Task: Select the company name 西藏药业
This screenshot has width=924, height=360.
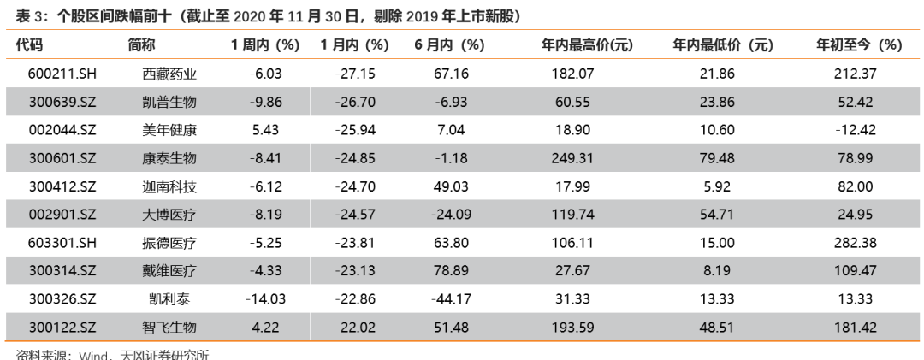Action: click(x=169, y=74)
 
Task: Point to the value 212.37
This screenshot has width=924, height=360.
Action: click(x=855, y=74)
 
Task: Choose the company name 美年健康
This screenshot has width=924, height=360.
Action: click(x=169, y=131)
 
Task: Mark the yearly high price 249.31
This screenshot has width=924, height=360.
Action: click(x=573, y=159)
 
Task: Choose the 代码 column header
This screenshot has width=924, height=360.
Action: click(x=30, y=46)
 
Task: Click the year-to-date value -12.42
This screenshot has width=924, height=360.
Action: click(x=855, y=131)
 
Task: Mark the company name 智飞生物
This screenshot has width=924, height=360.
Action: click(x=169, y=328)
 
